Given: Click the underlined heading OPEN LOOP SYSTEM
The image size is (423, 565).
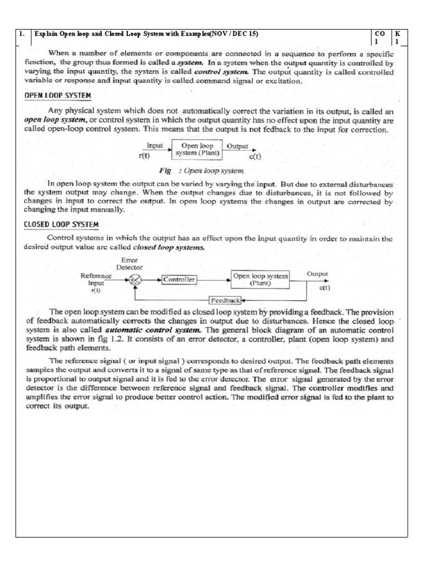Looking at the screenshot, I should pyautogui.click(x=57, y=95).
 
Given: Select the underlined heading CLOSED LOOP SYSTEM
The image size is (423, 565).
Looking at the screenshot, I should pyautogui.click(x=61, y=225).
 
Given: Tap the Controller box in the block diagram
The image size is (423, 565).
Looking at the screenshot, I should pyautogui.click(x=179, y=280).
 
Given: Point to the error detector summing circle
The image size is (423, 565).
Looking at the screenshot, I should pyautogui.click(x=133, y=280).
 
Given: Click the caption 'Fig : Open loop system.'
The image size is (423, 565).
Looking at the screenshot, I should pyautogui.click(x=202, y=170).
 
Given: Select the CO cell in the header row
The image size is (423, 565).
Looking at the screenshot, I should pyautogui.click(x=380, y=38).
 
